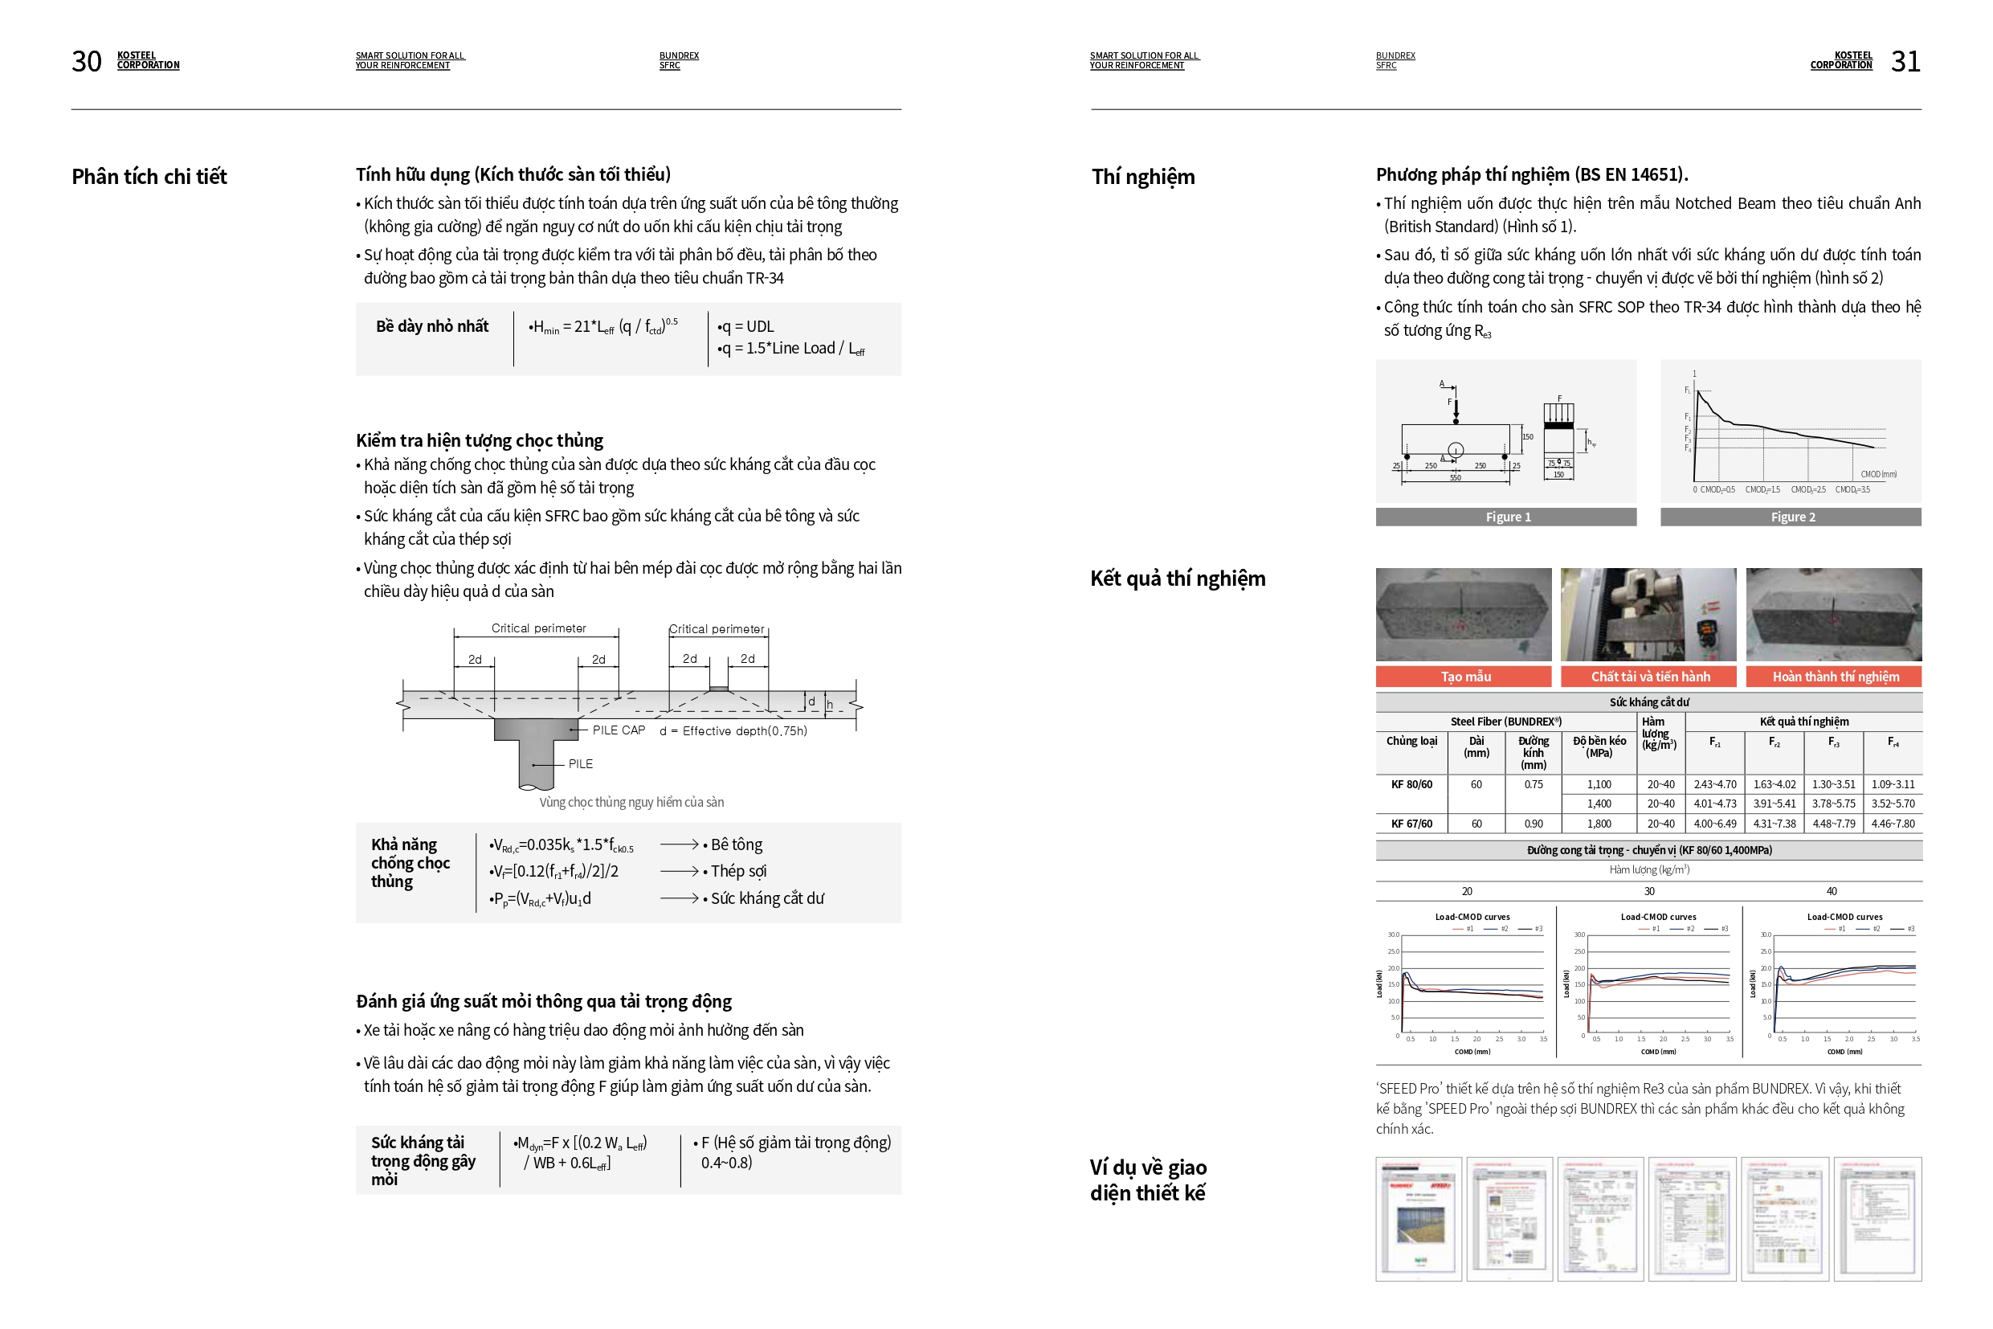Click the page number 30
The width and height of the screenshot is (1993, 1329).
pos(87,61)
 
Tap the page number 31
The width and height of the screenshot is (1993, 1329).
pos(1905,61)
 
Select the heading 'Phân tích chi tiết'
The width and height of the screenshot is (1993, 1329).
pos(149,176)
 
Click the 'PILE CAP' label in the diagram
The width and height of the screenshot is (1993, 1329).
pos(619,730)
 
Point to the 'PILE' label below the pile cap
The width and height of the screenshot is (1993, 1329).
pos(581,763)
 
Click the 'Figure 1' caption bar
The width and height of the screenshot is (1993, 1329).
pos(1507,517)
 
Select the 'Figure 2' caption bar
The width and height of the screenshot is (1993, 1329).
pos(1791,517)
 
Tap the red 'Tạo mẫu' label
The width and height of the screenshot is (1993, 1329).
pos(1464,677)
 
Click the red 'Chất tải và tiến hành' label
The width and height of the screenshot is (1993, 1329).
pos(1649,677)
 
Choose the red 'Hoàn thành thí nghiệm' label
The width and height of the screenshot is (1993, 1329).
pos(1835,677)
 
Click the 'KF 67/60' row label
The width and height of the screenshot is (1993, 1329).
pos(1411,824)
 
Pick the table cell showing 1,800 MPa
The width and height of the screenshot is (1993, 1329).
pos(1599,824)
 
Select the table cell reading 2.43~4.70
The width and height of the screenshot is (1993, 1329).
pos(1714,785)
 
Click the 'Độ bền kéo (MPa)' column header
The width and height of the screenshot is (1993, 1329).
pos(1599,746)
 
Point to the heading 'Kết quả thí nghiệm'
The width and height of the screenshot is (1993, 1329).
pos(1178,578)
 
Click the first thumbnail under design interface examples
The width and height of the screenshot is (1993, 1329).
pos(1419,1219)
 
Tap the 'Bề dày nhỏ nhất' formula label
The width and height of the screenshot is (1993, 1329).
pos(432,326)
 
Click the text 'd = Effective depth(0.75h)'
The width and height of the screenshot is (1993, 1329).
pos(733,730)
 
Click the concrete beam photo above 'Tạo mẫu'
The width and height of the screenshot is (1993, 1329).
pos(1464,615)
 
